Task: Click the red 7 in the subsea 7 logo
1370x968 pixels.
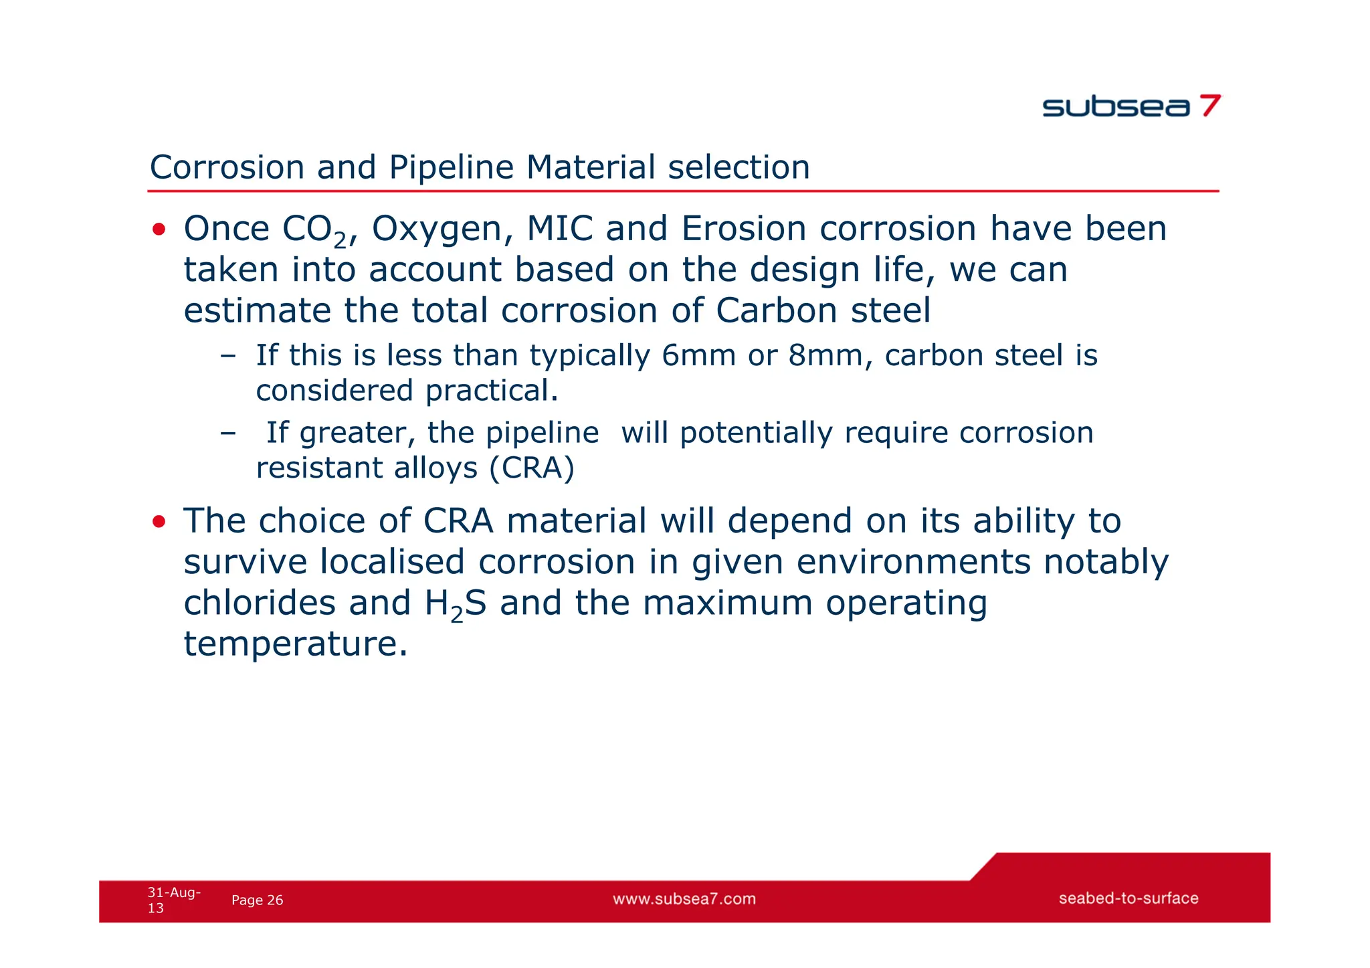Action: pyautogui.click(x=1209, y=106)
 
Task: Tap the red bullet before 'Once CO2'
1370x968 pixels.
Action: pyautogui.click(x=159, y=230)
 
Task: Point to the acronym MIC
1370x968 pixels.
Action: pyautogui.click(x=559, y=229)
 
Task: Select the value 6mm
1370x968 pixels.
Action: pyautogui.click(x=698, y=355)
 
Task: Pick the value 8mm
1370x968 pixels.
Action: pyautogui.click(x=825, y=355)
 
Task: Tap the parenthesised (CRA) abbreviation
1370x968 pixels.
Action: pyautogui.click(x=532, y=468)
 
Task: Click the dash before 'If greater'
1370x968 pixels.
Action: pyautogui.click(x=227, y=433)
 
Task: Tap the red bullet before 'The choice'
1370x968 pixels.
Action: pyautogui.click(x=159, y=522)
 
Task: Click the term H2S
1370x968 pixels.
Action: pyautogui.click(x=455, y=604)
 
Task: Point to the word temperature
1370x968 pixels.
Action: pyautogui.click(x=294, y=644)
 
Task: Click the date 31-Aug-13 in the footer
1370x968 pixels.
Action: pyautogui.click(x=173, y=900)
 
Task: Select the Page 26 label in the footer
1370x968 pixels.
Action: pyautogui.click(x=257, y=900)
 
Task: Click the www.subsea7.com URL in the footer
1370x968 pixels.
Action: pyautogui.click(x=684, y=899)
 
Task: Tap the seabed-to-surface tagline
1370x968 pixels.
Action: pyautogui.click(x=1128, y=898)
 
